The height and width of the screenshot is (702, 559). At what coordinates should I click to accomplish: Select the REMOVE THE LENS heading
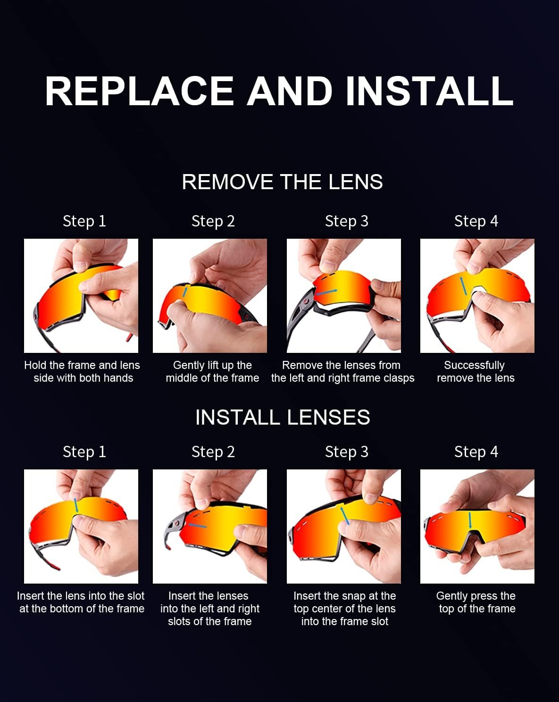282,182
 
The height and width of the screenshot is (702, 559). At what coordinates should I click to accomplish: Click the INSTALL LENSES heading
283,417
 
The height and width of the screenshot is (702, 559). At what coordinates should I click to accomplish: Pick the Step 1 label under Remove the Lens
84,221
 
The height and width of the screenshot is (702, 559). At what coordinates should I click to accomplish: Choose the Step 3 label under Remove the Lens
346,221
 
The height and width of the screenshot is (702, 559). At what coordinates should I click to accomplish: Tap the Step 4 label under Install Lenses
476,452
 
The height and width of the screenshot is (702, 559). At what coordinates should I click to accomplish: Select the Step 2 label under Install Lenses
213,452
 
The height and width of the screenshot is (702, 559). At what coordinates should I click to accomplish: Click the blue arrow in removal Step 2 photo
185,291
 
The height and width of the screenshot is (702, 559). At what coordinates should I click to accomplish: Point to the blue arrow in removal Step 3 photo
327,292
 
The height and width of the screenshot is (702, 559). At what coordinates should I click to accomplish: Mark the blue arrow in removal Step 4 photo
463,286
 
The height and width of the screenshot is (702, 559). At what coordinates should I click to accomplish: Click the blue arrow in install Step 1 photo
76,505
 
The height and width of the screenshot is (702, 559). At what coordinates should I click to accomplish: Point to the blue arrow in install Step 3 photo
345,515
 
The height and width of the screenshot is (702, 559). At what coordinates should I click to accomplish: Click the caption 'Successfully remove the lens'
476,372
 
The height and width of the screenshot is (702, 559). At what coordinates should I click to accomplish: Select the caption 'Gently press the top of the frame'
476,602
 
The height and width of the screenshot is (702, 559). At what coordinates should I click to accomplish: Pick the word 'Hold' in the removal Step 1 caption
35,365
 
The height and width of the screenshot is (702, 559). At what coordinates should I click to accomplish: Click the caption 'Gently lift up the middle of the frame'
212,372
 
